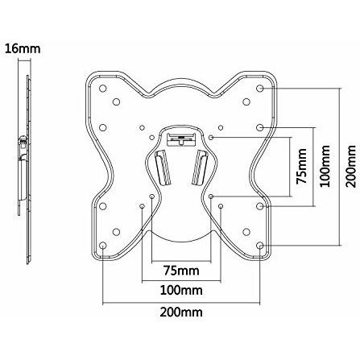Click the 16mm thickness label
(23, 49)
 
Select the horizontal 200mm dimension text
(181, 312)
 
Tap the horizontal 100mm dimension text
(181, 290)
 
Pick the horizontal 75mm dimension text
(181, 271)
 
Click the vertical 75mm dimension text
(301, 166)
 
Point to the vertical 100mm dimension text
(325, 166)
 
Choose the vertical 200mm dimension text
(350, 166)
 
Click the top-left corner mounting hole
(103, 89)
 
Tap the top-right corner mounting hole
(259, 89)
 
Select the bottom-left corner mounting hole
(103, 246)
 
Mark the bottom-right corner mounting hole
(259, 246)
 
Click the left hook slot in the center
(163, 168)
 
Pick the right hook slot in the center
(200, 168)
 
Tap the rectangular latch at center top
(181, 139)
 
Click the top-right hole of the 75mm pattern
(211, 137)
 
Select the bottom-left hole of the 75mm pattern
(151, 197)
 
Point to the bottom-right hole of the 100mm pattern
(221, 206)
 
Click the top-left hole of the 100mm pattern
(142, 127)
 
